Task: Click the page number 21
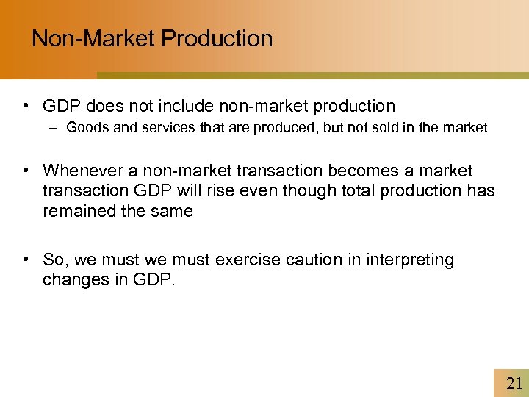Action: click(x=513, y=383)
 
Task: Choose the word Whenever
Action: click(x=84, y=171)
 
